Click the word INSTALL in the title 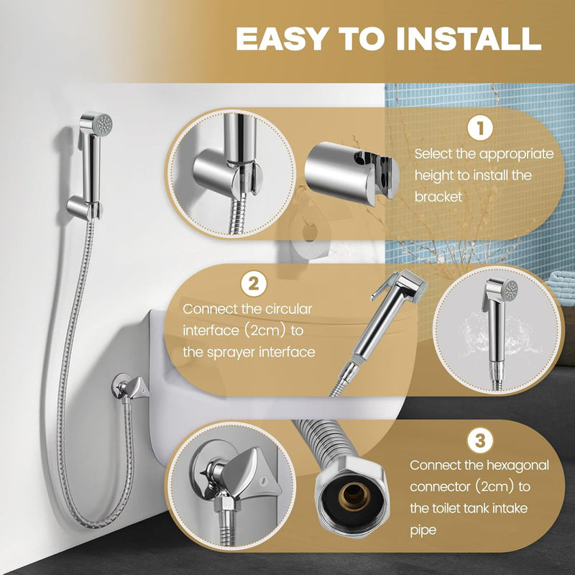click(469, 39)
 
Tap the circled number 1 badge click(480, 129)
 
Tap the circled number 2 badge click(254, 283)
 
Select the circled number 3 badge click(479, 440)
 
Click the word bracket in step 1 click(438, 197)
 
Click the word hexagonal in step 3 click(517, 465)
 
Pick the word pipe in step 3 click(423, 530)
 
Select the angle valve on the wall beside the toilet click(130, 387)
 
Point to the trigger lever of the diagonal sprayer click(380, 287)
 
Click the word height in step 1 click(434, 175)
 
